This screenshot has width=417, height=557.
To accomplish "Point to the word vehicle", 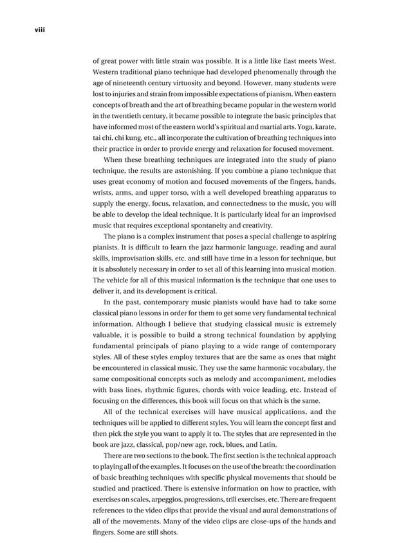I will pyautogui.click(x=123, y=280).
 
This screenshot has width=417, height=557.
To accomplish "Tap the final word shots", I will pyautogui.click(x=167, y=531).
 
